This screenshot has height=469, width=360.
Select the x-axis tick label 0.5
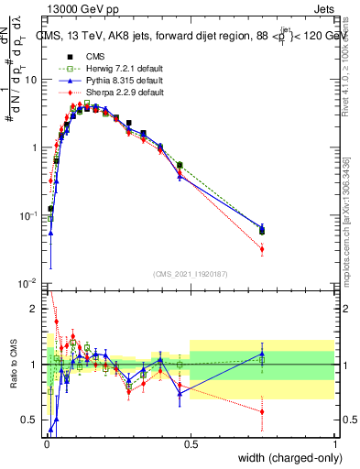click(x=191, y=443)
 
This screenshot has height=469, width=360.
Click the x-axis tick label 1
click(x=335, y=443)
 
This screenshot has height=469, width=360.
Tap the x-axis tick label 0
click(x=46, y=443)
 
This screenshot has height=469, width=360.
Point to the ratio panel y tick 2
click(x=35, y=309)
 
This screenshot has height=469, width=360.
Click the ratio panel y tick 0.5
click(x=32, y=420)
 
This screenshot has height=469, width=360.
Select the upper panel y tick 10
click(x=31, y=80)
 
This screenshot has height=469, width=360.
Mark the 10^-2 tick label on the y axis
click(x=29, y=283)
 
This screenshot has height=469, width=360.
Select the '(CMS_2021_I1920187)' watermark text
click(x=190, y=275)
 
